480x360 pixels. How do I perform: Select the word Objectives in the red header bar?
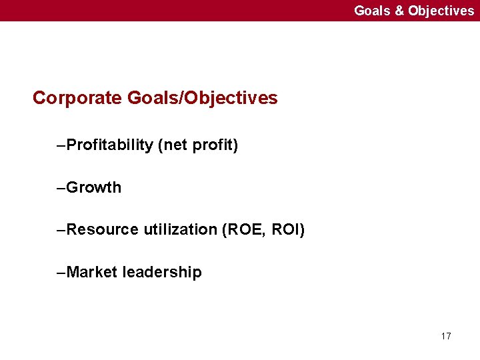441,11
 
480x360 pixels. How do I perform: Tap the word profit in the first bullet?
213,145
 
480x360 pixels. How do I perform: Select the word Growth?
94,187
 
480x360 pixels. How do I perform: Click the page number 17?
446,336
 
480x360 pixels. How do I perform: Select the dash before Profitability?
62,145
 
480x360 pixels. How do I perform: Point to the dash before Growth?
62,188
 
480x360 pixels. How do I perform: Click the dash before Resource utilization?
62,231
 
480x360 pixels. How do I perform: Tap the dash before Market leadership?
62,273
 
